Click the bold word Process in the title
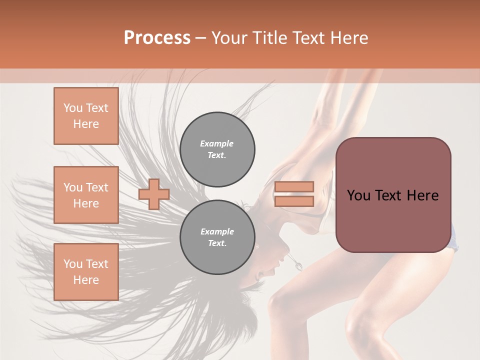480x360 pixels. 157,38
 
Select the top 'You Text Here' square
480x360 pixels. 86,116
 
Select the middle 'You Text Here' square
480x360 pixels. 86,195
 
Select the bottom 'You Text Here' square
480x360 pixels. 86,272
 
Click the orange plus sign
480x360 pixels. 153,194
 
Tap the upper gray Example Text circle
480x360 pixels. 217,149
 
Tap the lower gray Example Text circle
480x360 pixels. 217,237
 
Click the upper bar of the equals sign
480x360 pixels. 294,187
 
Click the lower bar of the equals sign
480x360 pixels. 294,201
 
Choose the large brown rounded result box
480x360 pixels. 393,220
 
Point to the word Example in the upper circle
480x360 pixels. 216,143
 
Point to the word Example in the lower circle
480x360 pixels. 217,231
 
